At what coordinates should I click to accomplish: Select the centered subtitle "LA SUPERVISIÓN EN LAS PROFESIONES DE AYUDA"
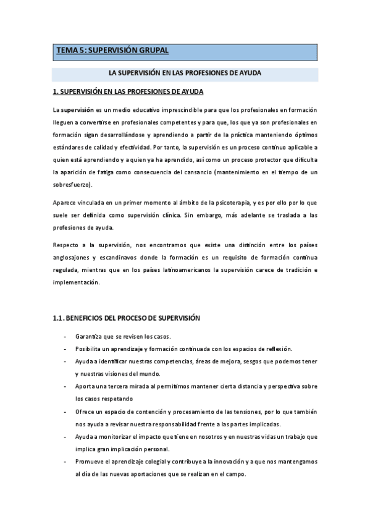tap(185, 73)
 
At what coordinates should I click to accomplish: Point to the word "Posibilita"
tap(90, 349)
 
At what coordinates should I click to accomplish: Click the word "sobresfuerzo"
tap(73, 184)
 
